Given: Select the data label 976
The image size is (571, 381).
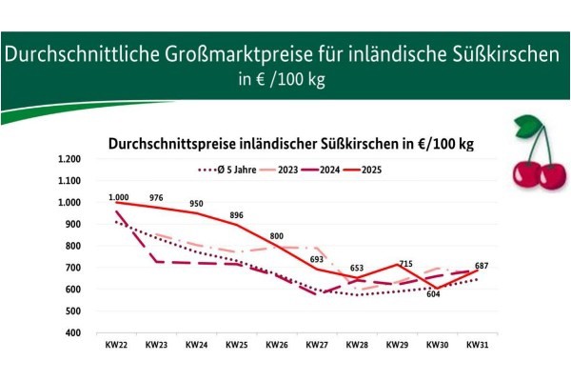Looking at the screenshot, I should (x=156, y=198).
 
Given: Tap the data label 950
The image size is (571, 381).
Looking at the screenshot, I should (x=197, y=204).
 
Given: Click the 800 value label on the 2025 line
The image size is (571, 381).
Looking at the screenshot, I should (x=276, y=235).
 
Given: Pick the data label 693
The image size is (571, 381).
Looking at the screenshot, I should (x=317, y=260).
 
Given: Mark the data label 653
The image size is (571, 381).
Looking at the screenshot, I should (x=357, y=269).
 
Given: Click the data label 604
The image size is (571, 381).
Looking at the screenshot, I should (x=433, y=294).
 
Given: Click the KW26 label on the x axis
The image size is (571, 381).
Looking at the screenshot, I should (x=277, y=344).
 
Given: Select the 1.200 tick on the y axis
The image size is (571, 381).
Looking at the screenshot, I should (x=69, y=158).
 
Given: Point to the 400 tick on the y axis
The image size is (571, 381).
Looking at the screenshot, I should (x=73, y=332).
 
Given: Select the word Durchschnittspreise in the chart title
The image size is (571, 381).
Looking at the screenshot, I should (x=169, y=143).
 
